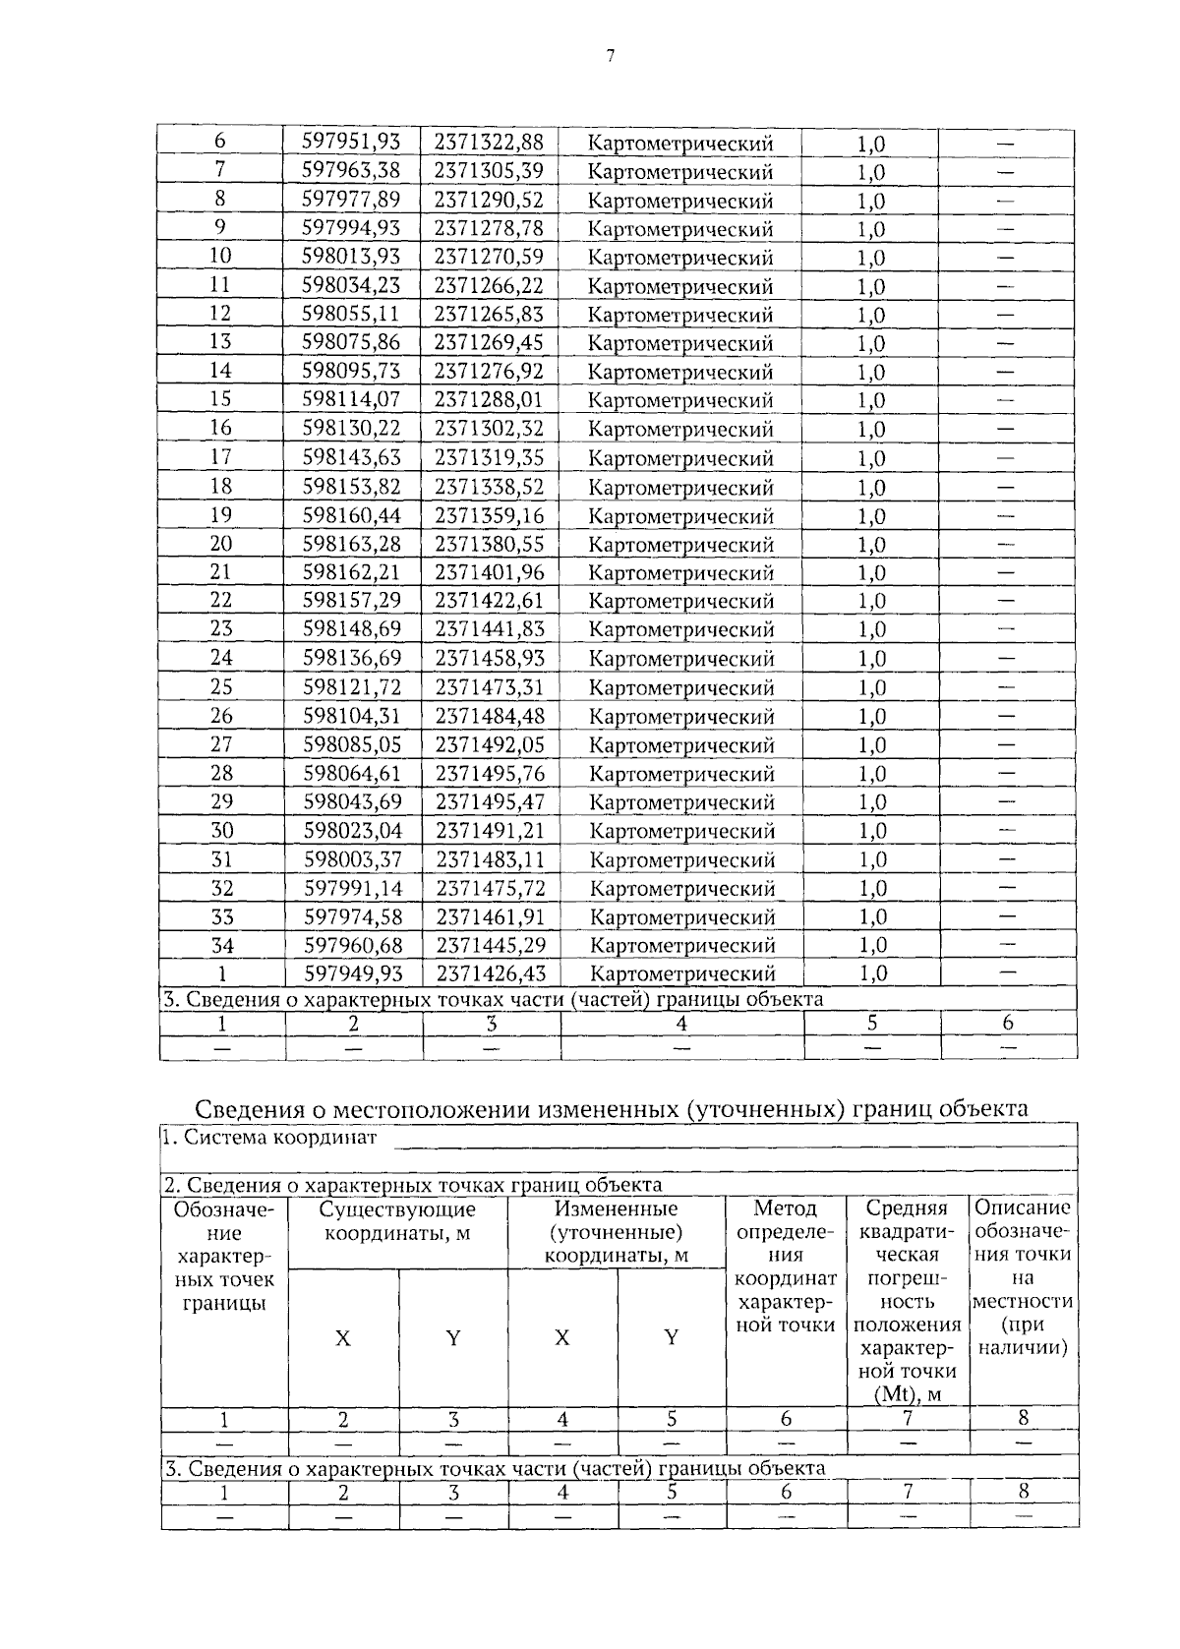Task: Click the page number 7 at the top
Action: (610, 56)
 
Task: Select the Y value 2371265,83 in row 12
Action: (489, 315)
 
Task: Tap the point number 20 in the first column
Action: (221, 544)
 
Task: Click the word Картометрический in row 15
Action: (680, 400)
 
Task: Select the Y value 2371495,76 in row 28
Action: (490, 773)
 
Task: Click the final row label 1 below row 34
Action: (222, 973)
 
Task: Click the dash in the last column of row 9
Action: (1005, 229)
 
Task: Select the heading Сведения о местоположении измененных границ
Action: (611, 1109)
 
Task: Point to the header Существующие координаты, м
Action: (397, 1220)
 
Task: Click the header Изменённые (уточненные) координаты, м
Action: (616, 1232)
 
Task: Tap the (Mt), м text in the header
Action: (907, 1394)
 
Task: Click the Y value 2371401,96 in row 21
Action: (489, 572)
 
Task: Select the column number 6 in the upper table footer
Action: (1007, 1023)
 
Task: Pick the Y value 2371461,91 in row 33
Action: (490, 916)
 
